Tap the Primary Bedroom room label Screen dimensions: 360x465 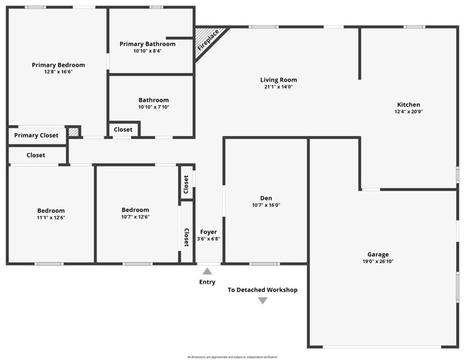coord(58,64)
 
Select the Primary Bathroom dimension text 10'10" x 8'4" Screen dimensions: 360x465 coord(147,52)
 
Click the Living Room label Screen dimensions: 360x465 coord(279,80)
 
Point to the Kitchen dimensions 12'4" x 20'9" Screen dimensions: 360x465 coord(408,112)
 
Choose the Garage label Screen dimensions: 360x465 coord(378,254)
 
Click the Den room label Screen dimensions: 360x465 coord(266,198)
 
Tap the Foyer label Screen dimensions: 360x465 coord(208,232)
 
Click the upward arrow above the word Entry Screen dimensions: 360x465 coord(207,271)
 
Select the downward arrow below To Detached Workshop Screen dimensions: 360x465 coord(263,301)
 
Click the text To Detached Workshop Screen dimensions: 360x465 coord(263,290)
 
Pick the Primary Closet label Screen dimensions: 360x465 coord(36,135)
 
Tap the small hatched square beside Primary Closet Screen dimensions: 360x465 coord(74,133)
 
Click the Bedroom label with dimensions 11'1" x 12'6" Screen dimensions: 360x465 coord(51,210)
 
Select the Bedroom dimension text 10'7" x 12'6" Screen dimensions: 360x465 coord(135,217)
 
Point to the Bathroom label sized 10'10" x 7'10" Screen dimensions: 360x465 coord(154,100)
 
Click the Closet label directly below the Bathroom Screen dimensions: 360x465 coord(123,130)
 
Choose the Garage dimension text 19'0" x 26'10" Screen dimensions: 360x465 coord(378,261)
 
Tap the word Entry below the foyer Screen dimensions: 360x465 coord(207,282)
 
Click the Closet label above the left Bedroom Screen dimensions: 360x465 coord(36,155)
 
